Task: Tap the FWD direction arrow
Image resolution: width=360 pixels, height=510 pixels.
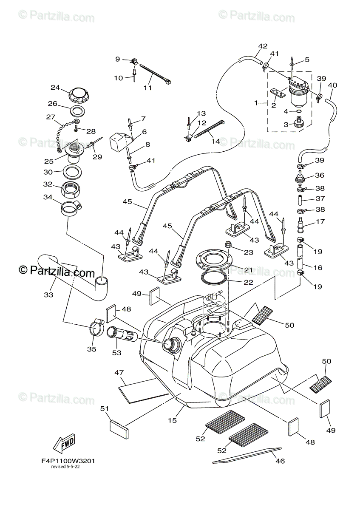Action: click(x=64, y=443)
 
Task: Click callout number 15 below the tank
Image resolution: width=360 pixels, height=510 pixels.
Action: click(x=173, y=420)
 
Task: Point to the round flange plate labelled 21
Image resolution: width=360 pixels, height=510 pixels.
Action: click(x=213, y=261)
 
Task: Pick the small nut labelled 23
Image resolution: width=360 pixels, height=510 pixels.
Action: click(x=228, y=244)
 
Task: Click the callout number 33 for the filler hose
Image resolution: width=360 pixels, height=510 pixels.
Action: click(x=48, y=295)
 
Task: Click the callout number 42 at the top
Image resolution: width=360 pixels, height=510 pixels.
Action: click(x=263, y=46)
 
